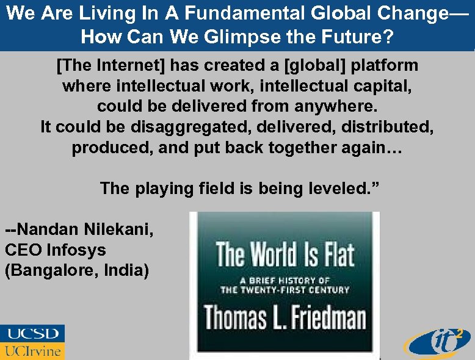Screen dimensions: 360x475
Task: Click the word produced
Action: [111, 148]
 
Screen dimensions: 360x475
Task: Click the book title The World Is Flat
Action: [285, 254]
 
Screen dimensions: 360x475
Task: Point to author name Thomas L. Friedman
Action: [285, 317]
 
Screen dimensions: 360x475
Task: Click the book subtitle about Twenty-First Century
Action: [285, 285]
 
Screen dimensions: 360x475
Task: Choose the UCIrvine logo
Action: [32, 351]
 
